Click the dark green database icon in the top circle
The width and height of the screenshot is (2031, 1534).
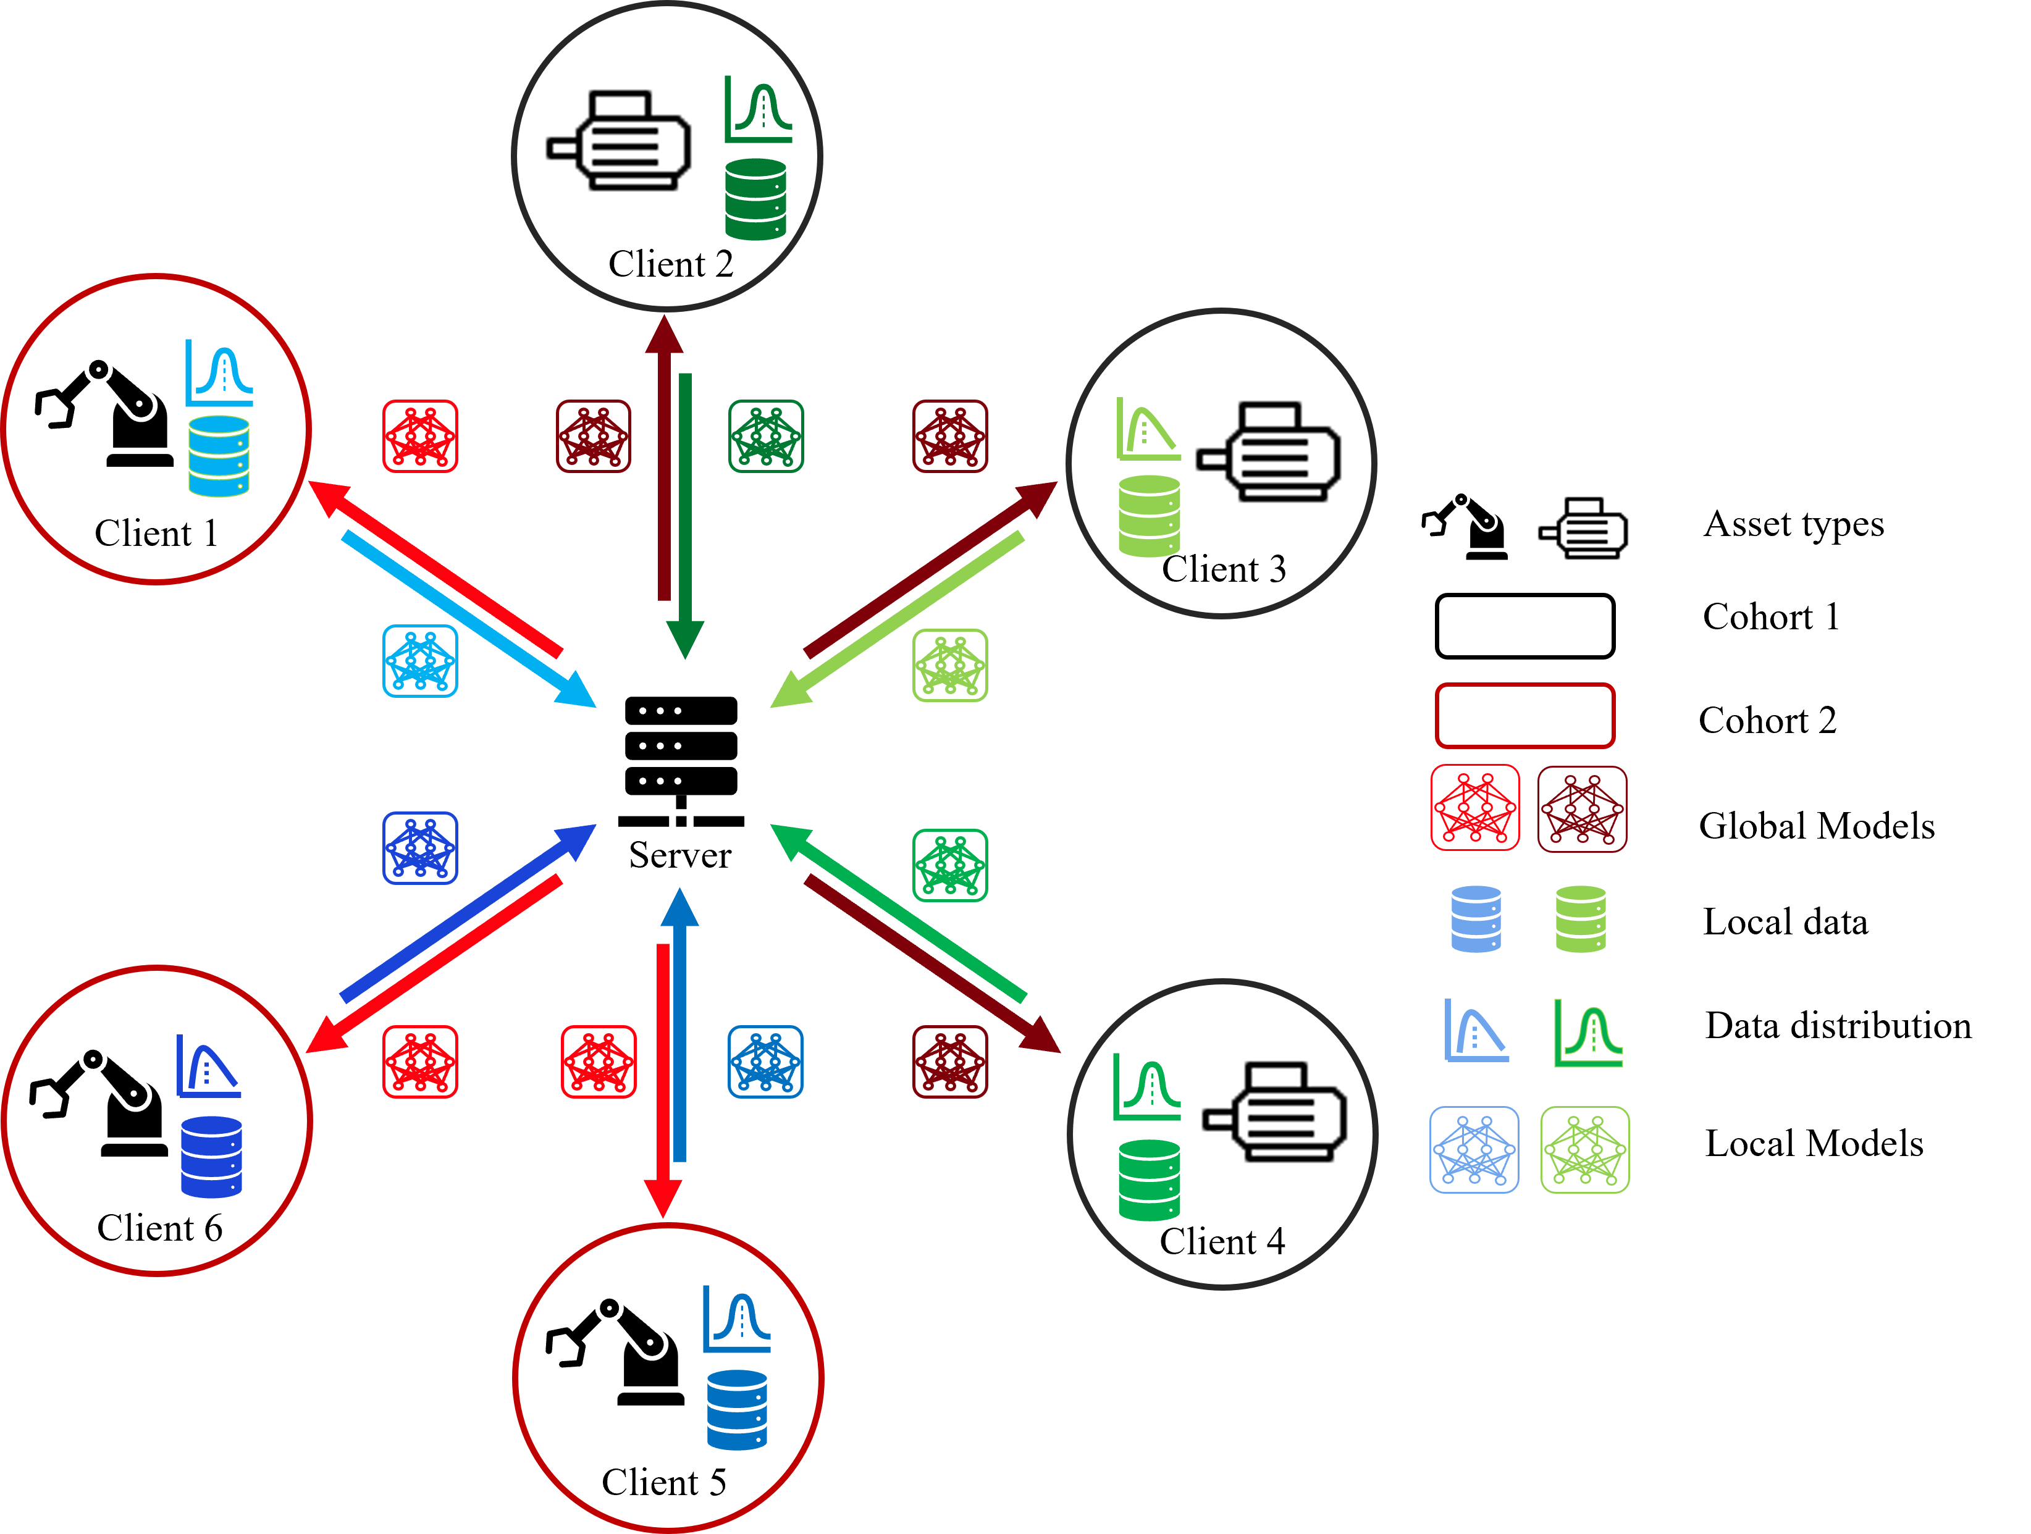tap(755, 199)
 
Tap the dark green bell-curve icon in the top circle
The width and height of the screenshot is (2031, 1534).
tap(759, 110)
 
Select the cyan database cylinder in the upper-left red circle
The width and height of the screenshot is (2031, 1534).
tap(219, 456)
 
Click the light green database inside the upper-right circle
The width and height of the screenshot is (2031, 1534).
tap(1150, 516)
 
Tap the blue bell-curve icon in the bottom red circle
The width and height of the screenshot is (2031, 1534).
tap(738, 1319)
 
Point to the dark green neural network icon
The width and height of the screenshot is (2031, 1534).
tap(766, 436)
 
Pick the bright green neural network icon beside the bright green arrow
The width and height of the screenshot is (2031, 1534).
tap(950, 866)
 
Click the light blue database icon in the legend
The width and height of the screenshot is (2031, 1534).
tap(1476, 919)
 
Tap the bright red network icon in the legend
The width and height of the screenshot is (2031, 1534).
tap(1474, 808)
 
